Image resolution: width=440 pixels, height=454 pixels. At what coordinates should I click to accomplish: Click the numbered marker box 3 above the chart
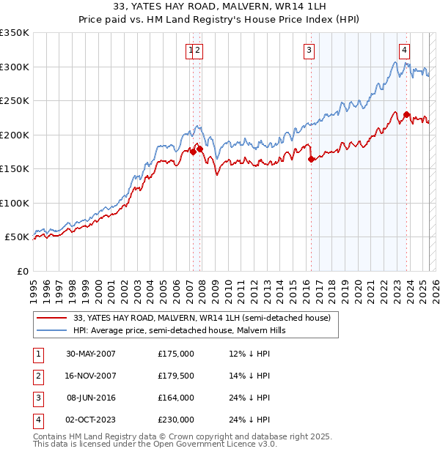[309, 51]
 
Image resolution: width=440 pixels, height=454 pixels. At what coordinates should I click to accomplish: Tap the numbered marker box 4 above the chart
[405, 51]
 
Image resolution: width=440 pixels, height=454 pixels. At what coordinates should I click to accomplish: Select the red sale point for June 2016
[311, 159]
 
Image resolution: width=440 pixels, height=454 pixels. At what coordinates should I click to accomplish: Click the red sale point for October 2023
[406, 114]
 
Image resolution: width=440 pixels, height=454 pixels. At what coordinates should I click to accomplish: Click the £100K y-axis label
[15, 203]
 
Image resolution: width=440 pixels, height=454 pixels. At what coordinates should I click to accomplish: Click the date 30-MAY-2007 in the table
[91, 354]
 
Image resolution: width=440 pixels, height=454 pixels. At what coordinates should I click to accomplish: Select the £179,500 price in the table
[176, 376]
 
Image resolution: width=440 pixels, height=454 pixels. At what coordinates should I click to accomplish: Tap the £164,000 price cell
[176, 398]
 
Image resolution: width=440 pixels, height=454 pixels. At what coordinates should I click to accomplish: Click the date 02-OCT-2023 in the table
[91, 420]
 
